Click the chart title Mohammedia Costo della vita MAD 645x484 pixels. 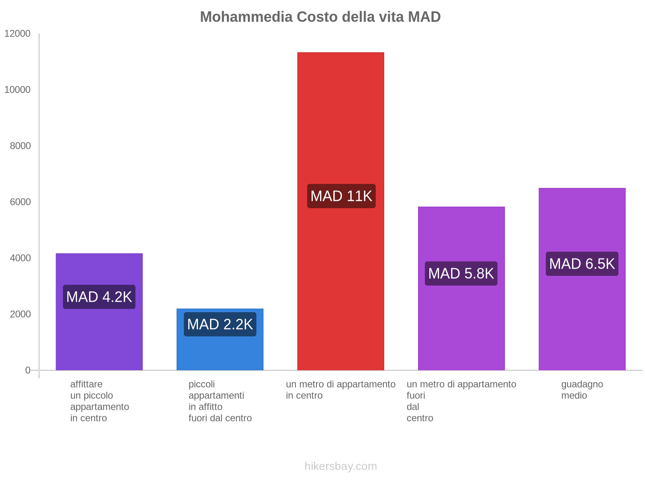[320, 17]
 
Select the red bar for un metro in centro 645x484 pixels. [341, 121]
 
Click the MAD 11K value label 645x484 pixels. [341, 196]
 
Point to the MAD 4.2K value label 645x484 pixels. [99, 297]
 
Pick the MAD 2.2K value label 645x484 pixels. [220, 324]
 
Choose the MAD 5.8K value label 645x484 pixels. [461, 273]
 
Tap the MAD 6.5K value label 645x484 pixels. [582, 264]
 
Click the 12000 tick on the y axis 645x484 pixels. [18, 34]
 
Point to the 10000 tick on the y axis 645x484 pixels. [18, 90]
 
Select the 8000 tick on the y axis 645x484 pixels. [21, 146]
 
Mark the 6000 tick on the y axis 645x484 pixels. [21, 202]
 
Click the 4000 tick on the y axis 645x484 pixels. [21, 258]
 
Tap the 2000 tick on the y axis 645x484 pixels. [21, 314]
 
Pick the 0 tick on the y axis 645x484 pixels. [28, 370]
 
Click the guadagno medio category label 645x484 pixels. [582, 390]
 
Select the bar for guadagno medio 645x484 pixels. [582, 323]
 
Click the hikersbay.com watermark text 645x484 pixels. [341, 466]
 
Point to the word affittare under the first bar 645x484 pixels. [86, 384]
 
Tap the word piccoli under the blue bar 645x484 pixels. [202, 384]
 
